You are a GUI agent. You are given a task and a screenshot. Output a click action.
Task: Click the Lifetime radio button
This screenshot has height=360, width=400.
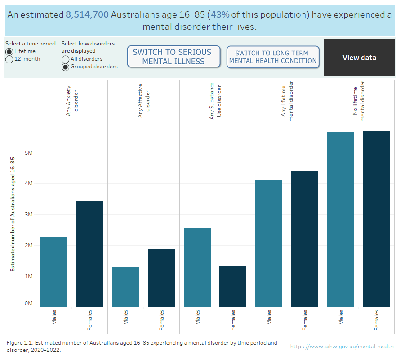[x=9, y=51]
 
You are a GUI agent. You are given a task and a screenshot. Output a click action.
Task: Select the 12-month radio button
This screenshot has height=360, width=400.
[x=9, y=59]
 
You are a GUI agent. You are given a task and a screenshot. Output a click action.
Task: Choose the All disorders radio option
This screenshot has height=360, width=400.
[x=66, y=59]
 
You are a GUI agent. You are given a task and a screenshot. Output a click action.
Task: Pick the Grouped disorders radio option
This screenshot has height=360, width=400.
[x=66, y=67]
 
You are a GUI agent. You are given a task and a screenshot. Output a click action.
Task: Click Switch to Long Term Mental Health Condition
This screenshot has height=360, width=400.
[x=273, y=57]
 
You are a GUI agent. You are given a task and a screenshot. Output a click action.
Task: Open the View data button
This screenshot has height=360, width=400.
[x=359, y=58]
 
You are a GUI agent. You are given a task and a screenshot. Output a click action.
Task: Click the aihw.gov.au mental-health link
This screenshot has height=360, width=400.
[x=342, y=346]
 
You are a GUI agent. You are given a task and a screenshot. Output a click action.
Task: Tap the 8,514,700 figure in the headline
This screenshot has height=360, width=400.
[x=87, y=15]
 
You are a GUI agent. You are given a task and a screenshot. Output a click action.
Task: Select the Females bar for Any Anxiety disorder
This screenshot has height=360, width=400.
[x=89, y=254]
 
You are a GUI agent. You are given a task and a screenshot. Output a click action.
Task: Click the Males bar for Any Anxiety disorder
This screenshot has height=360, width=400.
[x=54, y=272]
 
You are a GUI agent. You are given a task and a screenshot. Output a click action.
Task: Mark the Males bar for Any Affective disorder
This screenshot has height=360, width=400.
[x=125, y=287]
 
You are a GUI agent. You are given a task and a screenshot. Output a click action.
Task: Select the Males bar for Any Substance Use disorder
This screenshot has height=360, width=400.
[x=197, y=267]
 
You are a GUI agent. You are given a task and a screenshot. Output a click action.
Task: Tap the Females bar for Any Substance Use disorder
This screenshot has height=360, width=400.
[x=233, y=286]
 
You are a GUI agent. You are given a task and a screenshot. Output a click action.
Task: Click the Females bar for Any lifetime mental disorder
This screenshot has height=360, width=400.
[x=305, y=239]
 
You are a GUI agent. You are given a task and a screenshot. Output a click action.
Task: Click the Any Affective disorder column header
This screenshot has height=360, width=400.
[x=143, y=101]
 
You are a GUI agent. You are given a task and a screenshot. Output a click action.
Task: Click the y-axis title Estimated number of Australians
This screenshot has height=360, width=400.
[x=13, y=214]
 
